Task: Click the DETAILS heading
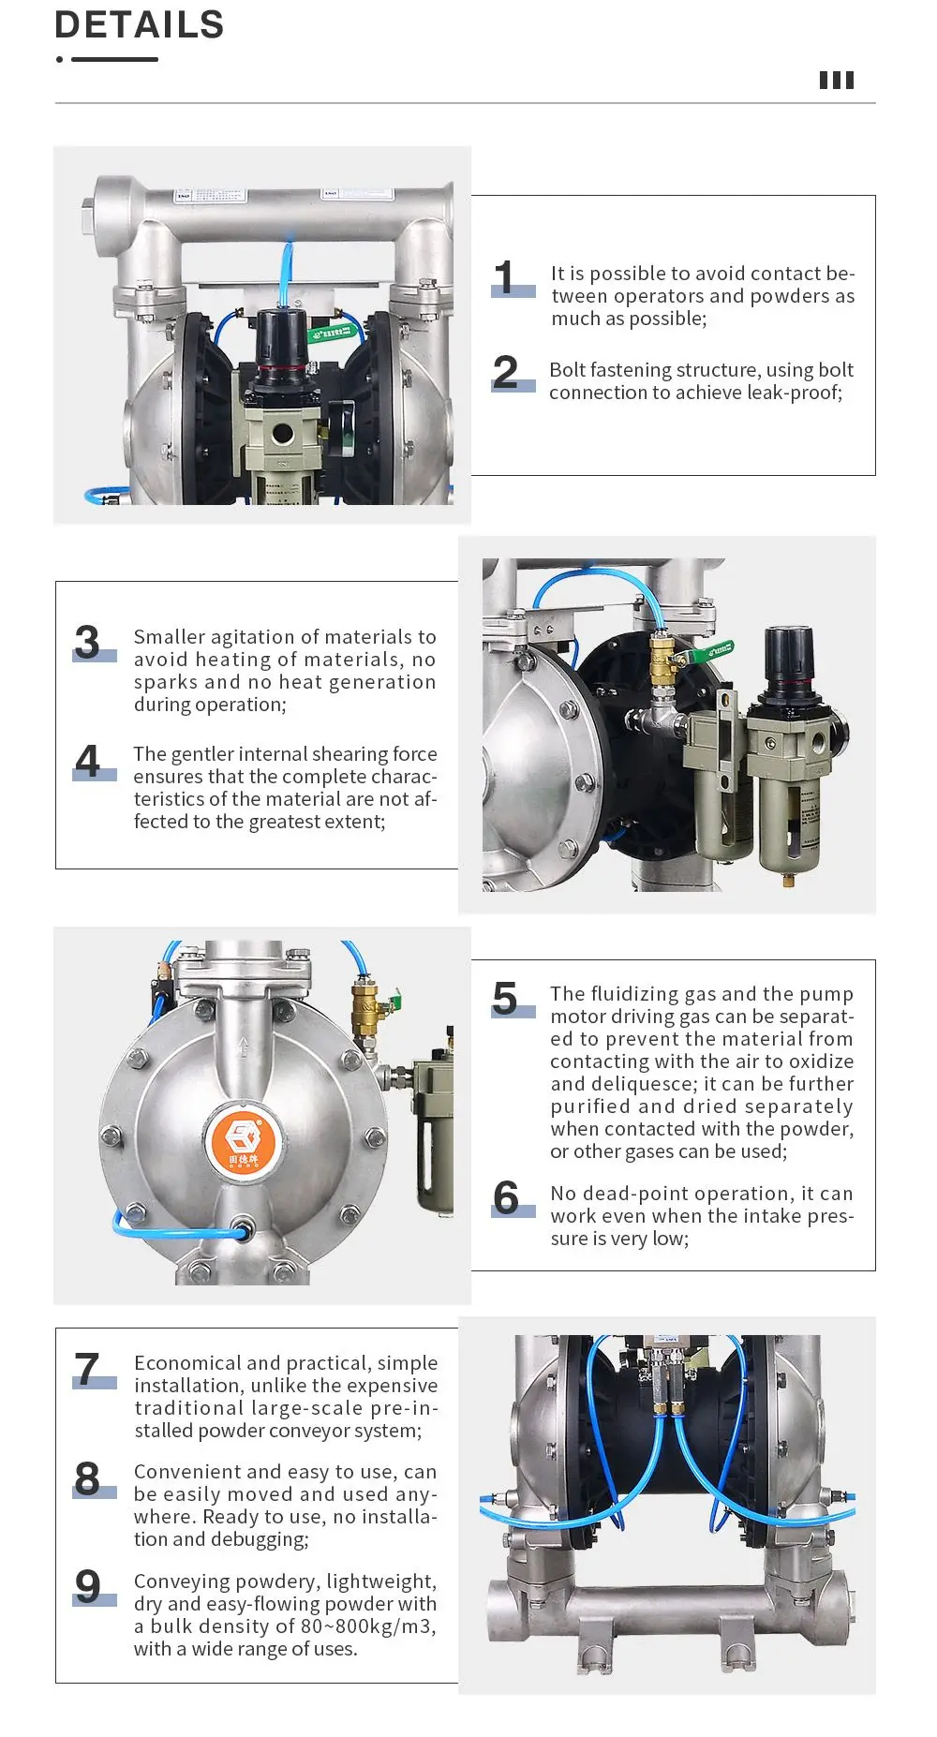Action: point(140,25)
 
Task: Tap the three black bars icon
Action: point(837,81)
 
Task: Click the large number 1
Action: point(504,278)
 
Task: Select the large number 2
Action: point(505,372)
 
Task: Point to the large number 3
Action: point(87,643)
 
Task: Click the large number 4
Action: point(87,761)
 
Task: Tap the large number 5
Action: point(505,999)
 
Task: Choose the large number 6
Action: point(506,1198)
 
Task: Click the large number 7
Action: point(87,1369)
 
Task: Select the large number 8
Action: point(87,1478)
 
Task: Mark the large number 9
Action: point(87,1587)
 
